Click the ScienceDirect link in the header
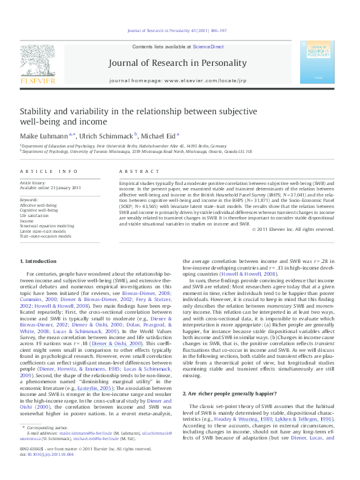pyautogui.click(x=209, y=47)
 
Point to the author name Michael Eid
pyautogui.click(x=159, y=136)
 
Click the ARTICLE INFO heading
pyautogui.click(x=44, y=172)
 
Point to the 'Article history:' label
pyautogui.click(x=33, y=182)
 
